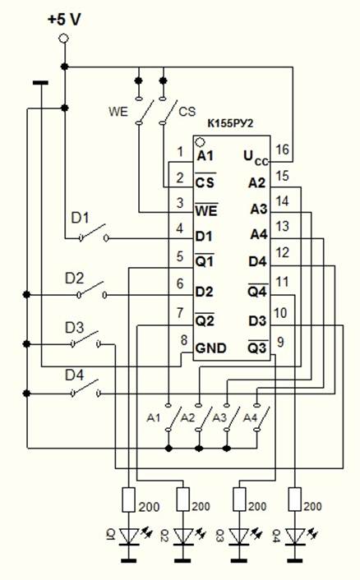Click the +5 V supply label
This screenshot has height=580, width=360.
[x=64, y=20]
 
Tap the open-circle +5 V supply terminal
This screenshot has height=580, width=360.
[x=64, y=38]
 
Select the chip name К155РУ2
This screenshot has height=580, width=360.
[x=230, y=123]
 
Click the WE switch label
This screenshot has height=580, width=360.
[x=118, y=112]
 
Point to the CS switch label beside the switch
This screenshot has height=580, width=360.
[x=187, y=112]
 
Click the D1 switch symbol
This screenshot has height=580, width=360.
[x=94, y=233]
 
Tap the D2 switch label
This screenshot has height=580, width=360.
[x=74, y=278]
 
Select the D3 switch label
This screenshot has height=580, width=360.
[x=74, y=327]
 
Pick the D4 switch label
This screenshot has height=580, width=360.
[x=74, y=375]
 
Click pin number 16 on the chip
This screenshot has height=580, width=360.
[x=282, y=150]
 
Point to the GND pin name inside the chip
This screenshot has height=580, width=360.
[x=210, y=348]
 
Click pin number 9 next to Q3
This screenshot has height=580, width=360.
[x=280, y=342]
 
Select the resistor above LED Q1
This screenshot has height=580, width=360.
[x=128, y=499]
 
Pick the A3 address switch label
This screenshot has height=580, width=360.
[x=219, y=417]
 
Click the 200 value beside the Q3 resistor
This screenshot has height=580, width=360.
[x=257, y=506]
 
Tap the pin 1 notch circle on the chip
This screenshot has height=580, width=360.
[x=200, y=141]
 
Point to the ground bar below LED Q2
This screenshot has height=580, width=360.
[x=183, y=561]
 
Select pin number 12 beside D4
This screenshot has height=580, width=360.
[x=282, y=253]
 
